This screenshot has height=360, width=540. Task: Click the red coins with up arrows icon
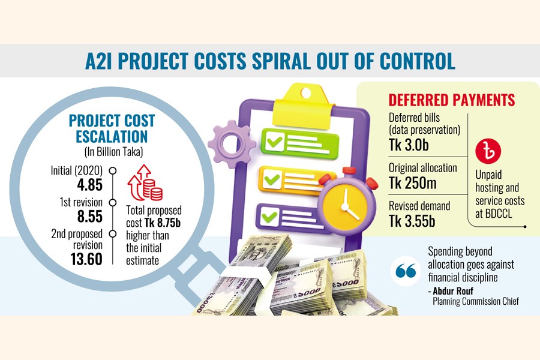[x=146, y=184]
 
